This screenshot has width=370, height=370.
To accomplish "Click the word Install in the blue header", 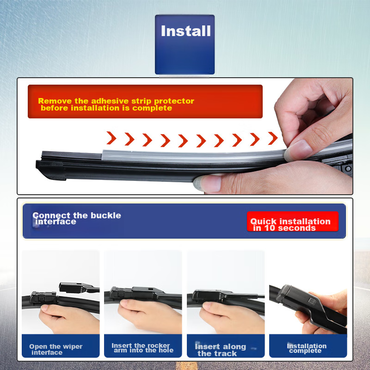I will coord(185,31).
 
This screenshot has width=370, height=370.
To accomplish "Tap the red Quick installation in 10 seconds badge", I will coord(292,224).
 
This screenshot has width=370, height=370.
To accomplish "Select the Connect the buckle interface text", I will coord(76,218).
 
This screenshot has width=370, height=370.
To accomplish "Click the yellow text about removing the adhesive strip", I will coord(116,104).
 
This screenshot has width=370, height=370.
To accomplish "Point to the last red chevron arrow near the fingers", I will coord(273,138).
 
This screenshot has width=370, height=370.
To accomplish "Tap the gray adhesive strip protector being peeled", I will coord(185,155).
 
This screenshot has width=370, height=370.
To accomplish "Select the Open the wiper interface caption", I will coord(56,349).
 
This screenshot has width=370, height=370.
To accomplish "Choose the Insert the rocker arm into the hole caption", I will coord(142,348).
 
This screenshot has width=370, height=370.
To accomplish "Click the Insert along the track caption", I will coord(220,350).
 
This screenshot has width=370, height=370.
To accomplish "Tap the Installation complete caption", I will coord(306,348).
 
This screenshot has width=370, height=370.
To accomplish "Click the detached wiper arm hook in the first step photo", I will coord(74,287).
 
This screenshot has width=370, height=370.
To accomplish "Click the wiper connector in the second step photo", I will coord(134,292).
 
